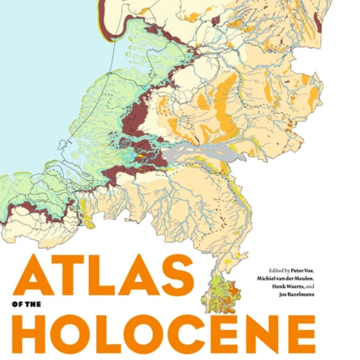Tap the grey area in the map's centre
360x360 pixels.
tap(192, 154)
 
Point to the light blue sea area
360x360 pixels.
tap(42, 84)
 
